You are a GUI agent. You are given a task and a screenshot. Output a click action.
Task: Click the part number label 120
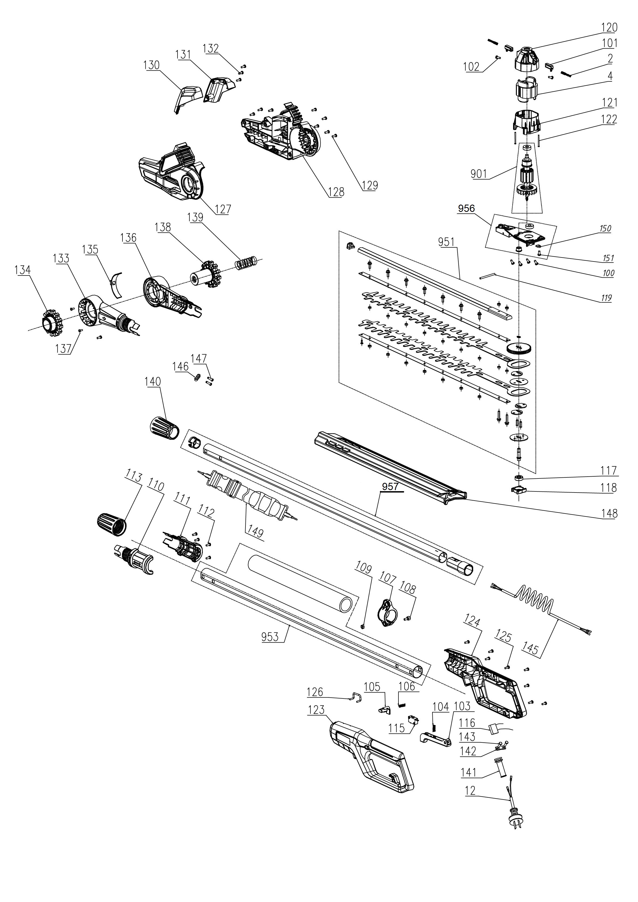point(609,27)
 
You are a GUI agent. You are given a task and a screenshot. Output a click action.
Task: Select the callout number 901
point(479,174)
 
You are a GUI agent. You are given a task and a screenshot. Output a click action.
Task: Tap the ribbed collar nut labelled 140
point(163,427)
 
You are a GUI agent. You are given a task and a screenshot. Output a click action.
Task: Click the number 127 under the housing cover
point(223,209)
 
